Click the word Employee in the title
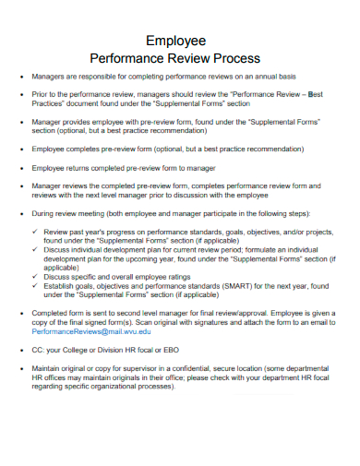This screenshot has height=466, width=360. [180, 40]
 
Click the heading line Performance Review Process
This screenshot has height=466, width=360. [180, 57]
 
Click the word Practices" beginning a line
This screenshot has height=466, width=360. [51, 103]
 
